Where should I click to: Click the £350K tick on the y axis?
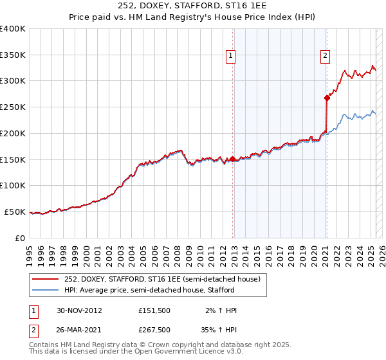pyautogui.click(x=13, y=55)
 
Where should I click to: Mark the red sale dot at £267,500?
pyautogui.click(x=327, y=98)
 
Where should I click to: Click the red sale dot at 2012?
pyautogui.click(x=233, y=158)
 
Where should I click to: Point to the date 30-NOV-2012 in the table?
pyautogui.click(x=79, y=310)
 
